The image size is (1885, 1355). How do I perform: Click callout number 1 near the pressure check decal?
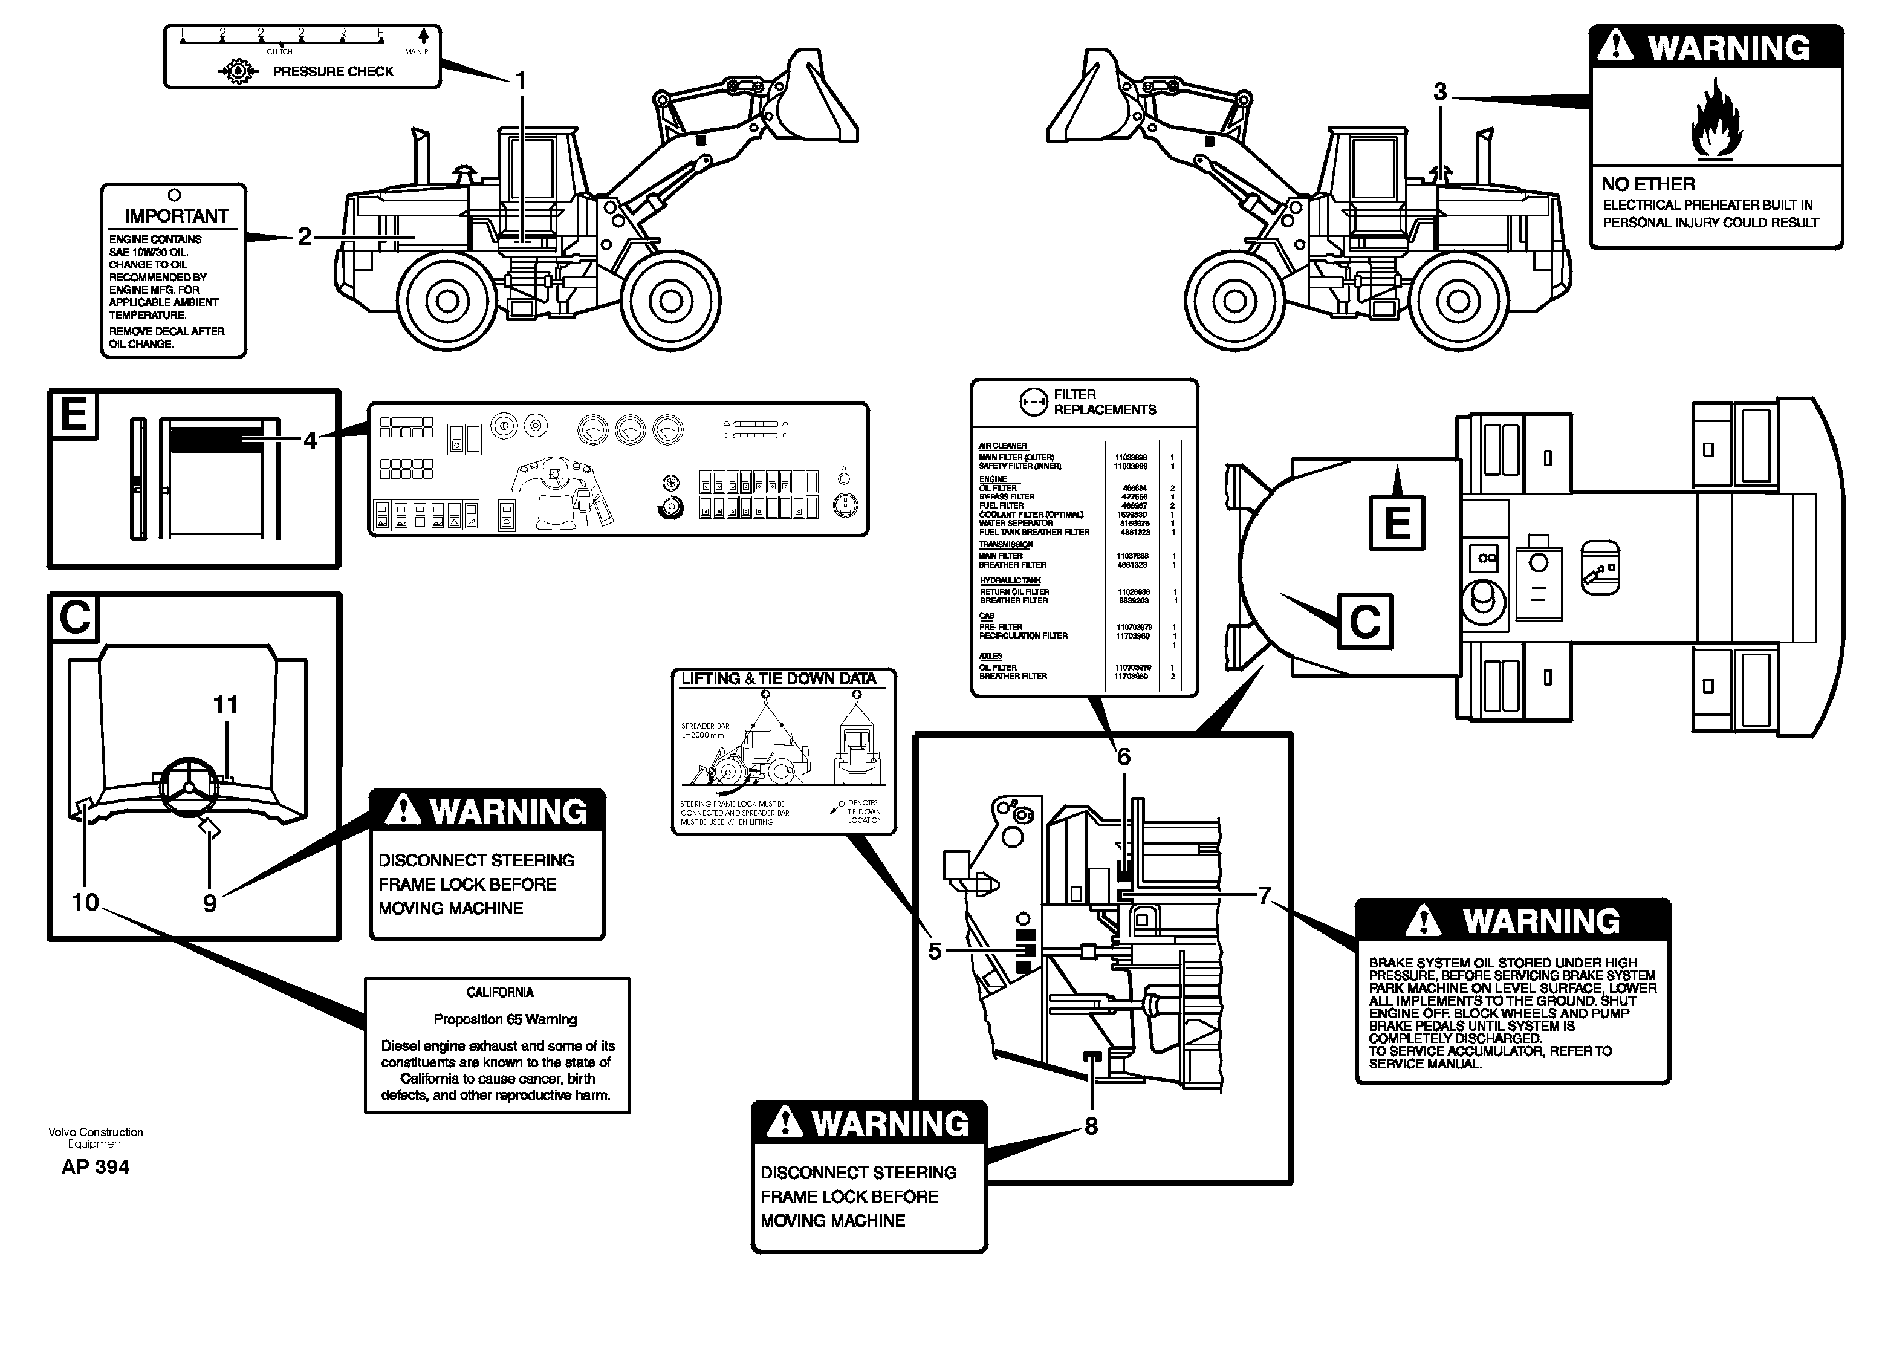click(x=521, y=80)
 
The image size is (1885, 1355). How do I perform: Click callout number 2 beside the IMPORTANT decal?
click(x=304, y=237)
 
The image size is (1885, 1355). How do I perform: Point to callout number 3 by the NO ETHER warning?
click(x=1440, y=93)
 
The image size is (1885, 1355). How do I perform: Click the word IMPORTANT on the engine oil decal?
click(x=176, y=216)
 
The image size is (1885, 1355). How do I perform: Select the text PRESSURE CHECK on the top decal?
click(x=333, y=71)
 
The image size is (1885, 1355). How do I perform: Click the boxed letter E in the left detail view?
click(x=74, y=414)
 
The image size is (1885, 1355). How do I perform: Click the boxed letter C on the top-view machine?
click(x=1364, y=621)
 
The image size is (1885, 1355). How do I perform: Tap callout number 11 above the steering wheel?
click(x=225, y=705)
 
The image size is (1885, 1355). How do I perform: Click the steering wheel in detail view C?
click(x=189, y=785)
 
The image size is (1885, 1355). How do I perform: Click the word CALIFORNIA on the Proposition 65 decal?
click(x=499, y=993)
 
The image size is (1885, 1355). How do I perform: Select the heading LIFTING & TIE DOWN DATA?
click(x=778, y=679)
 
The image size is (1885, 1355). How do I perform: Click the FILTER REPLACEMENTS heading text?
click(x=1104, y=402)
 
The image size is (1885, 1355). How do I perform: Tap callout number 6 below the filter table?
click(x=1123, y=756)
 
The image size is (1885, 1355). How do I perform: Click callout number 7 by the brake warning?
click(x=1264, y=896)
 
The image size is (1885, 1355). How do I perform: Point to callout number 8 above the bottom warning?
click(x=1091, y=1126)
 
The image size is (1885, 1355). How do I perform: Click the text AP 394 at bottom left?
click(x=96, y=1167)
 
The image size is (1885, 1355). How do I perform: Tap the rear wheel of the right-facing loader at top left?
click(x=447, y=301)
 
